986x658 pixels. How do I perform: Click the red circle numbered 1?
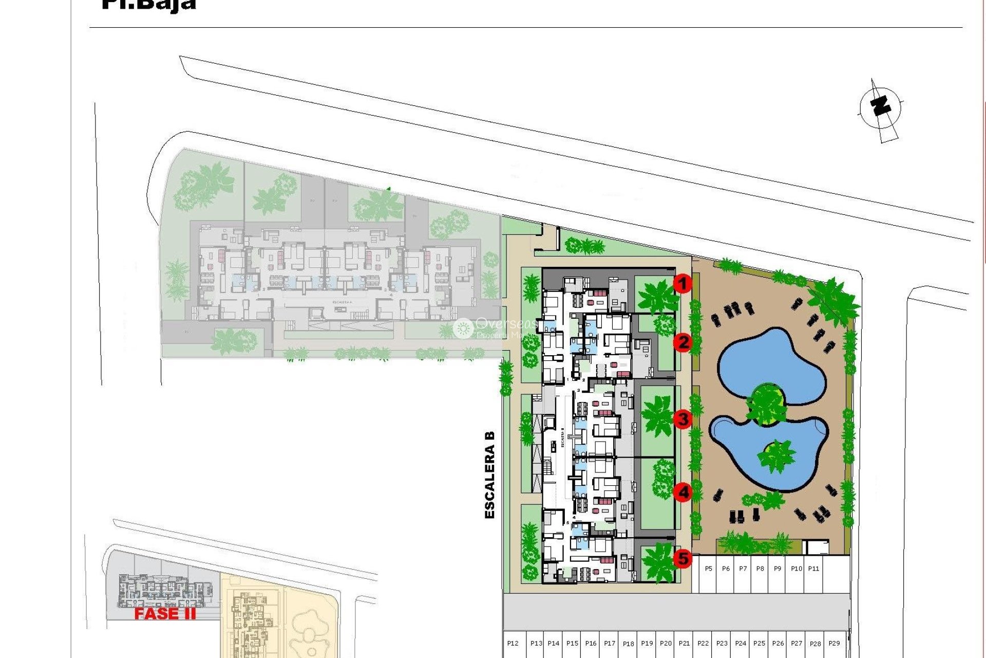682,283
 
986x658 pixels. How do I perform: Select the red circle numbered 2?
682,342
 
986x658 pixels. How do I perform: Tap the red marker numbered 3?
682,419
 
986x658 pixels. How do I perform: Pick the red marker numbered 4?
682,492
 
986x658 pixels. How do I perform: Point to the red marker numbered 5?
682,558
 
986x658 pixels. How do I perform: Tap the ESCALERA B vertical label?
490,474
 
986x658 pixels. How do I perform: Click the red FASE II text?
165,614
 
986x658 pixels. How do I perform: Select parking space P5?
708,569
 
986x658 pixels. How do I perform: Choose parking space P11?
813,569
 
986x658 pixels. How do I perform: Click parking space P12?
513,644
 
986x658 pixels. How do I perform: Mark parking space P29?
834,644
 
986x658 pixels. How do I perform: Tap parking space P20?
666,644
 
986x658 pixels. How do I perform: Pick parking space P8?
760,569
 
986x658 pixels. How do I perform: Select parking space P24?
741,644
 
